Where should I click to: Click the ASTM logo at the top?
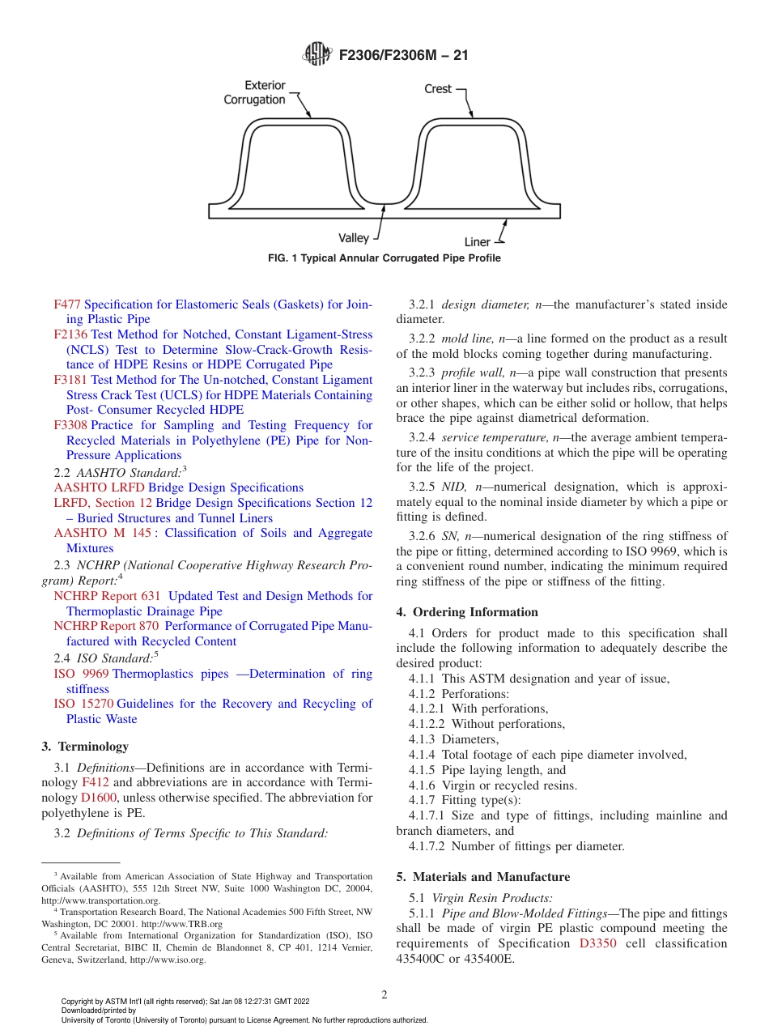pyautogui.click(x=317, y=54)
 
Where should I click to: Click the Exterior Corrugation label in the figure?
pyautogui.click(x=255, y=92)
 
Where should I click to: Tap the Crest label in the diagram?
pyautogui.click(x=438, y=88)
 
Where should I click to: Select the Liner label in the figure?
pyautogui.click(x=477, y=242)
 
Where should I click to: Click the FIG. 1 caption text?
pyautogui.click(x=384, y=258)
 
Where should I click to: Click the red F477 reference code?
pyautogui.click(x=67, y=304)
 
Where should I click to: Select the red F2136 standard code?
pyautogui.click(x=70, y=334)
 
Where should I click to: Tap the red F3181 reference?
pyautogui.click(x=70, y=380)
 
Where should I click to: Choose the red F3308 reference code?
pyautogui.click(x=70, y=425)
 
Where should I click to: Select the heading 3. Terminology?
pyautogui.click(x=84, y=747)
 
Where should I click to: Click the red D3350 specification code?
pyautogui.click(x=598, y=943)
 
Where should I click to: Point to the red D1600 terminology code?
pyautogui.click(x=100, y=798)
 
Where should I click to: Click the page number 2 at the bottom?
pyautogui.click(x=384, y=995)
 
